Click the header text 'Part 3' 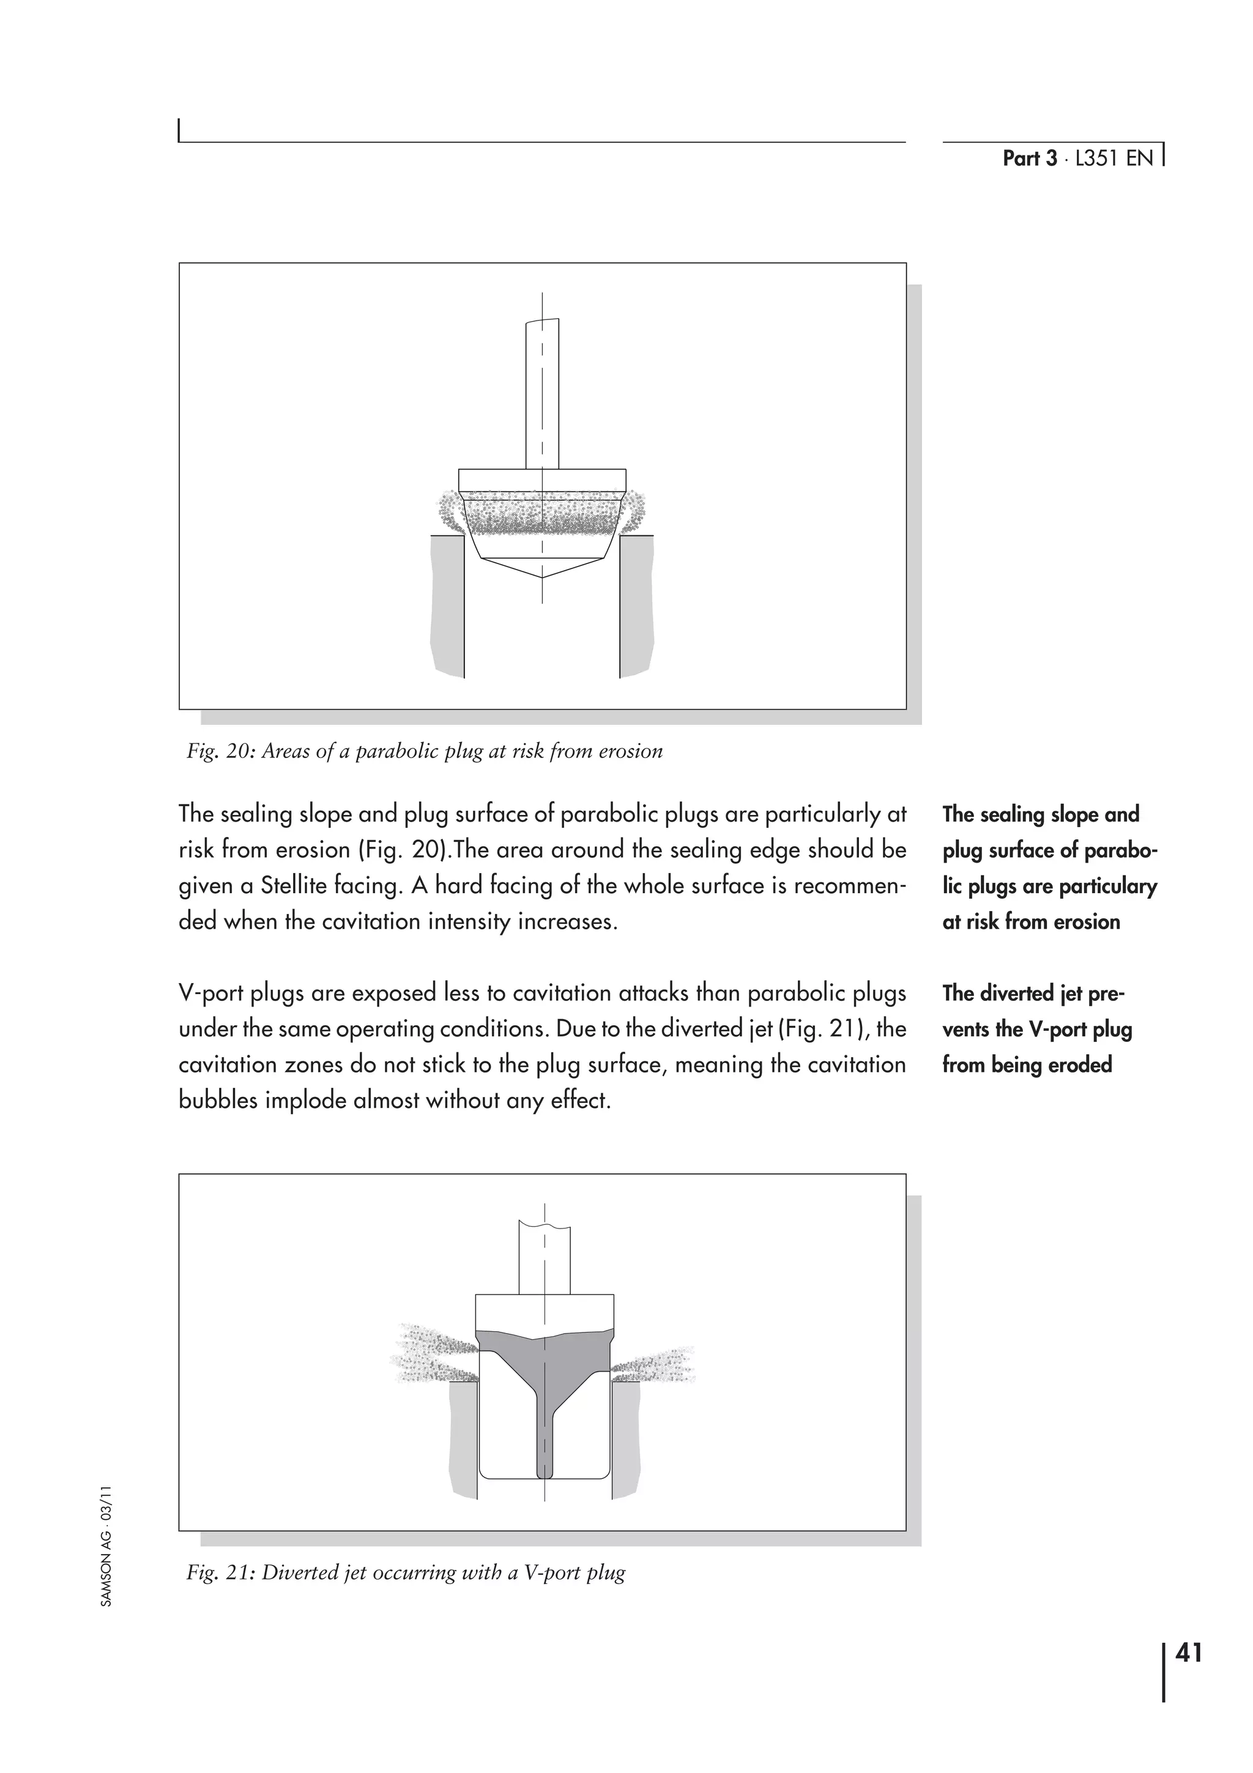pos(1029,158)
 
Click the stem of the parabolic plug pos(542,394)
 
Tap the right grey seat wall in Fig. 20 pos(637,606)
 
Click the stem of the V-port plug pos(545,1258)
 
